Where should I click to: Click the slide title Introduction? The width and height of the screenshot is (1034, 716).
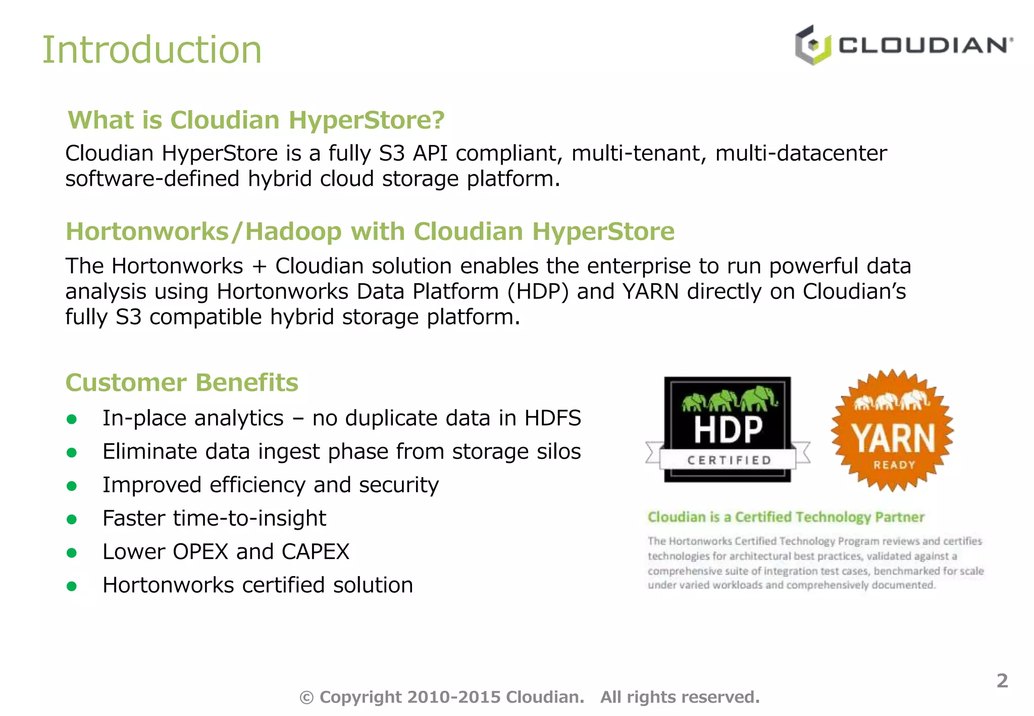(151, 50)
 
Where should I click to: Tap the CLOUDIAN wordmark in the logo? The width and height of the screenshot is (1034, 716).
(925, 45)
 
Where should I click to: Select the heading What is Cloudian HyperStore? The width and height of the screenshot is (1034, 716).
(256, 120)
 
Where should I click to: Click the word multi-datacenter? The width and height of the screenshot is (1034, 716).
(801, 153)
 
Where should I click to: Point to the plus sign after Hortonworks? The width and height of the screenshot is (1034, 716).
(259, 267)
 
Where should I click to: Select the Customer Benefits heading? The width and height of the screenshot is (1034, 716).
(182, 383)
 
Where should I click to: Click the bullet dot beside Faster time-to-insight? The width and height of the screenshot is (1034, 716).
(72, 519)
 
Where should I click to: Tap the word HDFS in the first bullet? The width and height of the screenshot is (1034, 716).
(553, 419)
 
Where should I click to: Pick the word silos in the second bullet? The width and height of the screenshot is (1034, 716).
(559, 452)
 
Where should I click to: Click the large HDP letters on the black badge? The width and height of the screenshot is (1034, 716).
(728, 430)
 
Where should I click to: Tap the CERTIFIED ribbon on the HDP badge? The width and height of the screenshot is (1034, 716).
(729, 460)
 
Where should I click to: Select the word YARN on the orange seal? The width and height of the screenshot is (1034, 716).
(893, 438)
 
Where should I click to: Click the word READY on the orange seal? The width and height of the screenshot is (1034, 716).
(894, 465)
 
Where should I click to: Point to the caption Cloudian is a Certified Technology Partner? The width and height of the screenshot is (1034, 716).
(786, 517)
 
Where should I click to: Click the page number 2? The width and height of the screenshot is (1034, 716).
(1002, 681)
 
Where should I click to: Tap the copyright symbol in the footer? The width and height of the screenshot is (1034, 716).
(306, 698)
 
